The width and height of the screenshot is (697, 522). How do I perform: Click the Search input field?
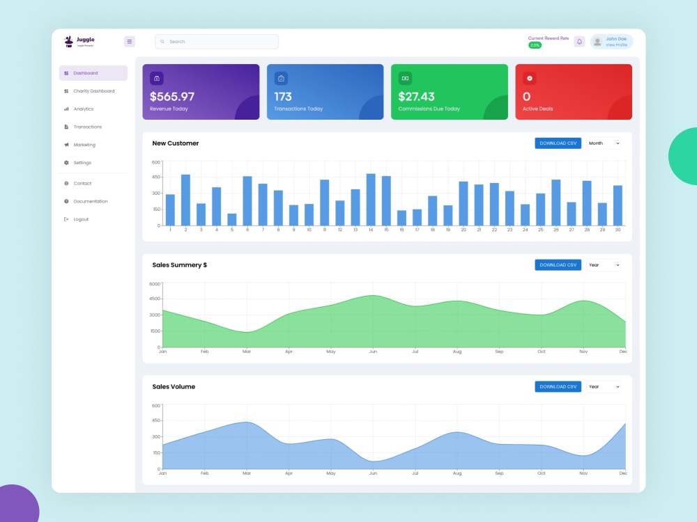[216, 42]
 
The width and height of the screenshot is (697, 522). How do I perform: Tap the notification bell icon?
[579, 42]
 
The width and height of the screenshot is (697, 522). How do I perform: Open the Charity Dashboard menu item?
[93, 91]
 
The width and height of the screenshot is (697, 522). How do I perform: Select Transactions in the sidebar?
[87, 127]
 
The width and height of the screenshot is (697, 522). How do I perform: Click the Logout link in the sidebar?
[81, 219]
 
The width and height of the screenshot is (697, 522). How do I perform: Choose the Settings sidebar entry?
[82, 163]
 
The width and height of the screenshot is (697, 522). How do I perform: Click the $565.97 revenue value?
[172, 97]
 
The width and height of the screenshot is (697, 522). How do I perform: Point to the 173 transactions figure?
[283, 97]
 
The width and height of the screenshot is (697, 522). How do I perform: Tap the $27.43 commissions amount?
[416, 97]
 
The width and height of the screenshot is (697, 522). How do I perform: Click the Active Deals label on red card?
[537, 109]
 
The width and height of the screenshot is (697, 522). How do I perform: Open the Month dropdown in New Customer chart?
[603, 143]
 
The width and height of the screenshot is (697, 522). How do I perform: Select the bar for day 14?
[371, 199]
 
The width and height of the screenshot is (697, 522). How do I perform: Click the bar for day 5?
[231, 219]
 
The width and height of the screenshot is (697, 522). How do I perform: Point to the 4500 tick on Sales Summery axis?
[154, 299]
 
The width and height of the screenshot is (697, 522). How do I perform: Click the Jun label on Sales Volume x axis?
[373, 473]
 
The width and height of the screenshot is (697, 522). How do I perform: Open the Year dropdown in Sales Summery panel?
[603, 265]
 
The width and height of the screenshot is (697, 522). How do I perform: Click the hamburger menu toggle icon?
[130, 42]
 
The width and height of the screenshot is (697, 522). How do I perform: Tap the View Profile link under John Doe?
[616, 45]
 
